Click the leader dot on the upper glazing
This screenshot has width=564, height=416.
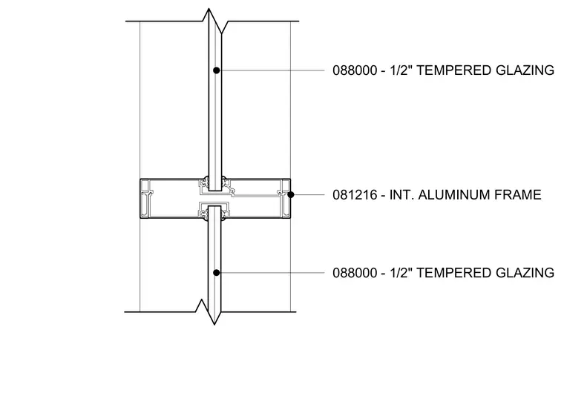(x=216, y=70)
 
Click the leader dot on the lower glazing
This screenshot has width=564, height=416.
(x=216, y=273)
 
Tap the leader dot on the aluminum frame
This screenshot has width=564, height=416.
(x=291, y=194)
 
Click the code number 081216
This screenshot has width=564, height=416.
(x=354, y=195)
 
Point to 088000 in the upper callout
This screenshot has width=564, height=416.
(x=354, y=70)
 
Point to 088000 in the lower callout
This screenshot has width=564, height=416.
(x=354, y=273)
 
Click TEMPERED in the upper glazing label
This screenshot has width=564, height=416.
(x=454, y=70)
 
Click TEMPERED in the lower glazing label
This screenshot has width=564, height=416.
(x=454, y=273)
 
